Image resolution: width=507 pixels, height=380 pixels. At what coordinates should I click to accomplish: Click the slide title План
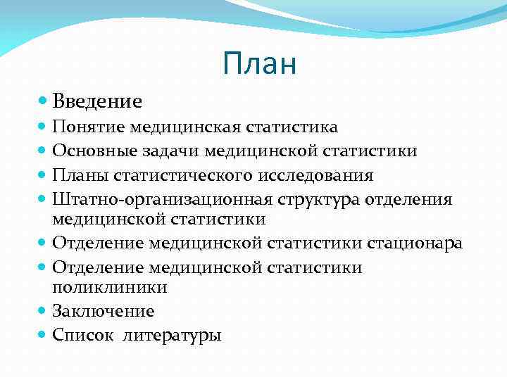(x=258, y=64)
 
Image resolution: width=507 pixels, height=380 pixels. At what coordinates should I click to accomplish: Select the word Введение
(x=96, y=102)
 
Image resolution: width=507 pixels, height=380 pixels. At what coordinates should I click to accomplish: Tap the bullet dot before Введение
(x=43, y=101)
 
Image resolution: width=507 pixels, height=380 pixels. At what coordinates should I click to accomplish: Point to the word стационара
(x=414, y=243)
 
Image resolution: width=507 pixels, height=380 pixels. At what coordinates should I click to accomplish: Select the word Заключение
(x=103, y=311)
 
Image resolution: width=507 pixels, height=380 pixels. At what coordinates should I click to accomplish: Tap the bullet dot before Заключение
(x=43, y=310)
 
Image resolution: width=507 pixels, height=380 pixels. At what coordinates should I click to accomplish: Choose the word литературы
(x=172, y=335)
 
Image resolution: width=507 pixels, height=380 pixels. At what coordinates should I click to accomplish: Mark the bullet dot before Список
(x=43, y=334)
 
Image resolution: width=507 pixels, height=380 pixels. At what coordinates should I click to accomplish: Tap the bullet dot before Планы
(x=43, y=175)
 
